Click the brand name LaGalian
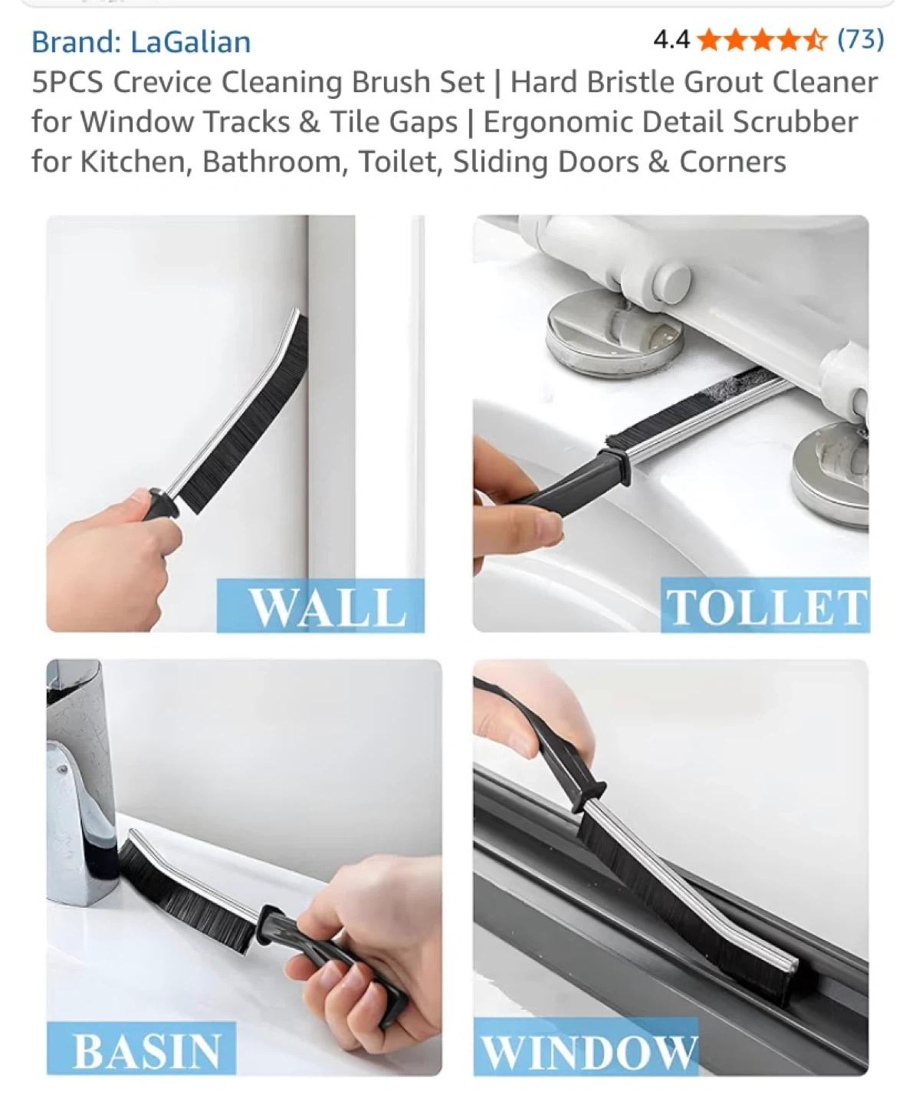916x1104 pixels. pos(191,41)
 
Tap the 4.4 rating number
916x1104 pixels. pos(671,40)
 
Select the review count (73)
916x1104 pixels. pos(860,39)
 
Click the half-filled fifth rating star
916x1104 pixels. pos(813,40)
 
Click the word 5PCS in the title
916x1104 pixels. pos(67,82)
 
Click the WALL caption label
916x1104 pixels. pos(320,606)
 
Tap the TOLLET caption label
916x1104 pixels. pos(765,606)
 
